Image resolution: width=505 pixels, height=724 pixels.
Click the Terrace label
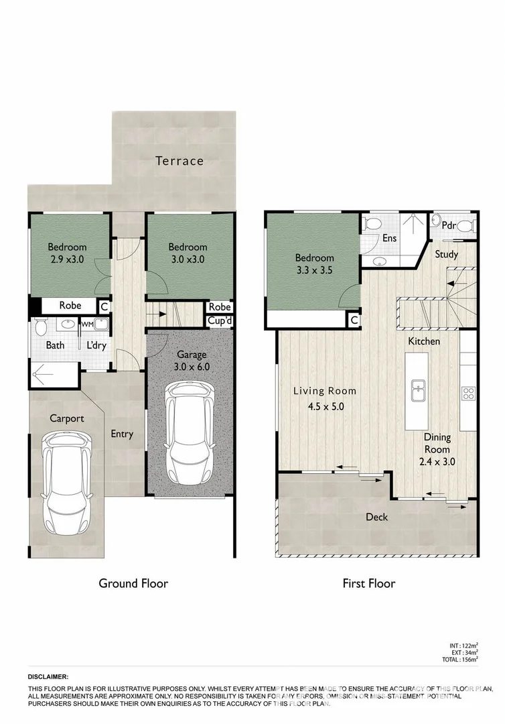[x=179, y=161]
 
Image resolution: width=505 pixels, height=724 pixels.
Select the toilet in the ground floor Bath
[x=40, y=327]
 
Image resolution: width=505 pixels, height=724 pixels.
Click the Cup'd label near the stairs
[x=219, y=320]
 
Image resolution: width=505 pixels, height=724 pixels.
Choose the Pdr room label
[x=449, y=225]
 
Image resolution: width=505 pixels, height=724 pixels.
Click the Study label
[x=446, y=254]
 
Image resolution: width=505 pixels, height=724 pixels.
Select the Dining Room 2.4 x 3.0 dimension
[x=436, y=462]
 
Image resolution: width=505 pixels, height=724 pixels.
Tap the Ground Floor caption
[x=133, y=583]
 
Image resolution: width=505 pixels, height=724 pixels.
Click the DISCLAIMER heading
[x=48, y=678]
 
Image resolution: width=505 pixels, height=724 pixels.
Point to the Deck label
[x=376, y=517]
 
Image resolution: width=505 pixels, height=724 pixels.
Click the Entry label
[x=122, y=434]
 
